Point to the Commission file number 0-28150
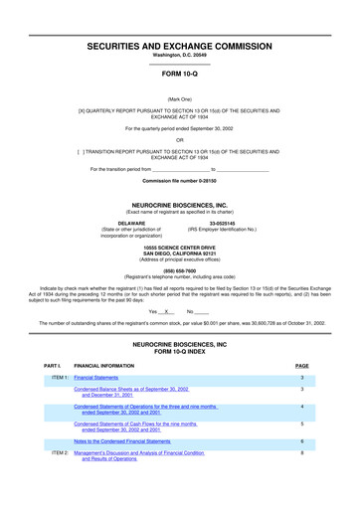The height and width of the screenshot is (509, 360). point(180,181)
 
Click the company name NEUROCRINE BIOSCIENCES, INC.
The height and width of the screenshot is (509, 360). point(180,205)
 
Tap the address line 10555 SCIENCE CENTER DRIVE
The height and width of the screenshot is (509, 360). point(180,244)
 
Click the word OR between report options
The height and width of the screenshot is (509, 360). point(180,140)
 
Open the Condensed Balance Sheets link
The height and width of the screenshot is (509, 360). point(132,393)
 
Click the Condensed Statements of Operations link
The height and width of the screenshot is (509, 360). point(144,410)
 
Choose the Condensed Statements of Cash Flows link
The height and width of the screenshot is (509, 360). point(138,426)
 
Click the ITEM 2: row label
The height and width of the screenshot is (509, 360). point(60,452)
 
